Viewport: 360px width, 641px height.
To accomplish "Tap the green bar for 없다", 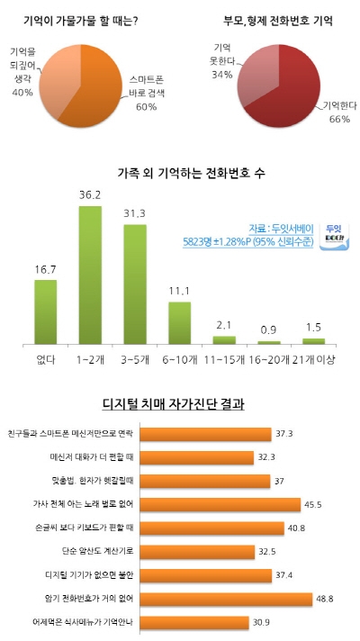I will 46,311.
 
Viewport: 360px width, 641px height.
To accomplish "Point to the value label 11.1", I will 179,292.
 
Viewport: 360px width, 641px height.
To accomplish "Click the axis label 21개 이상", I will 312,360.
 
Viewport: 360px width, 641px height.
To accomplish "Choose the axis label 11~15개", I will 223,360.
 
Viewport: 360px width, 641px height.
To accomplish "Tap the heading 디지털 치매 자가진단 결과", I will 179,404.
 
